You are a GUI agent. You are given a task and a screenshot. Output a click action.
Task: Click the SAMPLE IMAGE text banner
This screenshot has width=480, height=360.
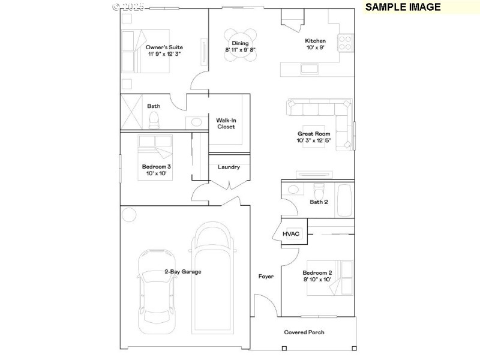pyautogui.click(x=403, y=7)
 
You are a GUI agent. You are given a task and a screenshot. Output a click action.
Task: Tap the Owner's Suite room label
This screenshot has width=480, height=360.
pyautogui.click(x=164, y=47)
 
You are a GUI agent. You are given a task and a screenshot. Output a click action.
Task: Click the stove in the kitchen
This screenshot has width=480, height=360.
pyautogui.click(x=346, y=43)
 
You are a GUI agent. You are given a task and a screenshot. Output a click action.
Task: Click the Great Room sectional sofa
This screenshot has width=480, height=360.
pyautogui.click(x=324, y=117)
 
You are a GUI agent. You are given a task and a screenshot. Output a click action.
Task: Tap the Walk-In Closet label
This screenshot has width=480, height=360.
pyautogui.click(x=226, y=124)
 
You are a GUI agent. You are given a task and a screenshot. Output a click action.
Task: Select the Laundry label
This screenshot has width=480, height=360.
pyautogui.click(x=229, y=167)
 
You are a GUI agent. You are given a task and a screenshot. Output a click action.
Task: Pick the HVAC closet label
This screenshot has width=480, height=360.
pyautogui.click(x=291, y=233)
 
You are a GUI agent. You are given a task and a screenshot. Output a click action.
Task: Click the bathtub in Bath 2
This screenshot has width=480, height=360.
pyautogui.click(x=344, y=200)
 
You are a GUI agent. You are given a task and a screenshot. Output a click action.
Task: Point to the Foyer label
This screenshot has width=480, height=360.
pyautogui.click(x=266, y=277)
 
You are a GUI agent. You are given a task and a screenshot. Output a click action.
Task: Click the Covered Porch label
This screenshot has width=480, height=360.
pyautogui.click(x=304, y=332)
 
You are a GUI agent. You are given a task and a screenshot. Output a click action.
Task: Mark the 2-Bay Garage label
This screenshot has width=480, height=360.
pyautogui.click(x=183, y=272)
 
